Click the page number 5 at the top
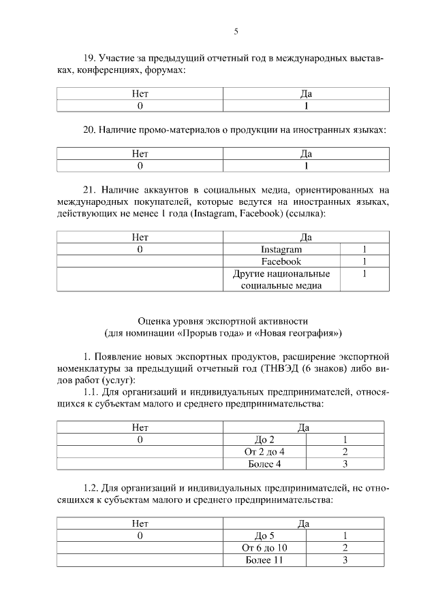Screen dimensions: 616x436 [236, 31]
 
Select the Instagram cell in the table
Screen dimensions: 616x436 [281, 250]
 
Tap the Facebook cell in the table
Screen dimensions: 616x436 [281, 261]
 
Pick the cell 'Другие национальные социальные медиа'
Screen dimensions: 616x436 [281, 280]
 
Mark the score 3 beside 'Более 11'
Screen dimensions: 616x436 [346, 561]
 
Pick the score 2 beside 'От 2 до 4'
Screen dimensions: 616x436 [346, 452]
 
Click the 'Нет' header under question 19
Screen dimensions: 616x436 [140, 94]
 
